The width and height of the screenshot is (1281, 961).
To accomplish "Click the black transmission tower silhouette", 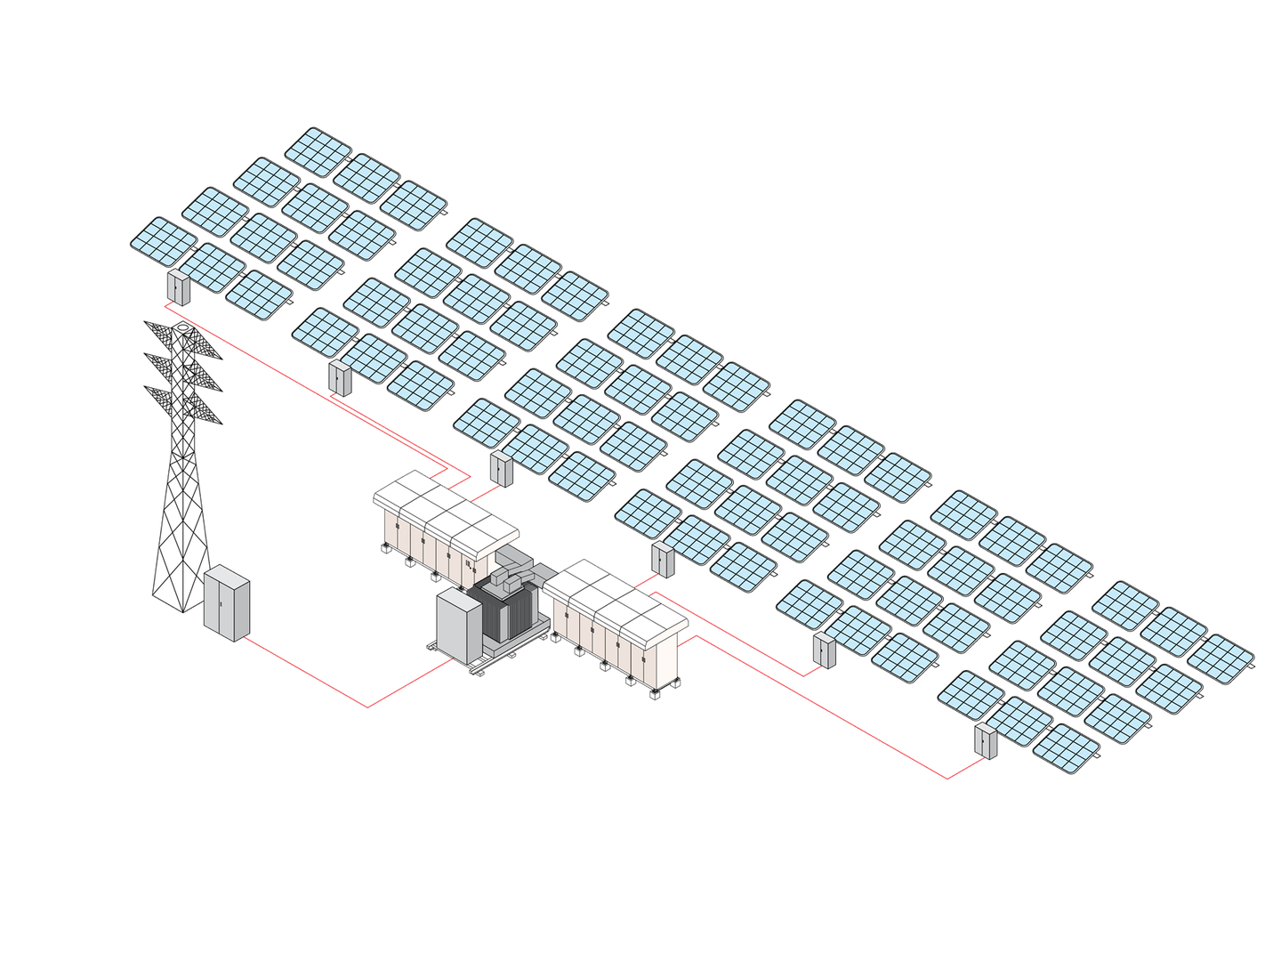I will coord(182,498).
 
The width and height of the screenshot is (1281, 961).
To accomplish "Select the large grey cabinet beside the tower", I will coord(227,602).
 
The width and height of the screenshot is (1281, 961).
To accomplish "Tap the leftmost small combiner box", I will coord(179,287).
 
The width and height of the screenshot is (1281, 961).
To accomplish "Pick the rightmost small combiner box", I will coord(986,741).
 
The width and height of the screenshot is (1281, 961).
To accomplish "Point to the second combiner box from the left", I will coord(340,378).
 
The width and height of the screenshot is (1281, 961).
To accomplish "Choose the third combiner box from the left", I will coord(502,469).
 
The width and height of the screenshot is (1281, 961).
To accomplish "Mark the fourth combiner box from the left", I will coord(663,560).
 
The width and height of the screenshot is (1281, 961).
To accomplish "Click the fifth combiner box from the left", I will coord(825,650).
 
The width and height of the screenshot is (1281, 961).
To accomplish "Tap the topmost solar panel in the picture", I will coord(318,152).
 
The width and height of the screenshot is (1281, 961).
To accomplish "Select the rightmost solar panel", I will coord(1221,658).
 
